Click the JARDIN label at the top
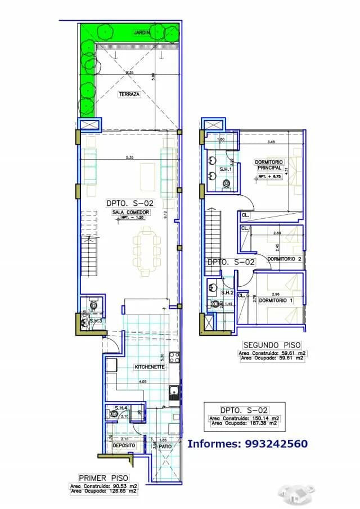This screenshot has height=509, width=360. (142, 33)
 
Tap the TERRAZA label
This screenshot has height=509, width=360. (129, 94)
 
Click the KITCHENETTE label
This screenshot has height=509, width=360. (149, 367)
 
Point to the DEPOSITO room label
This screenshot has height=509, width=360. (123, 445)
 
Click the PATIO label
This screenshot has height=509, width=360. (165, 446)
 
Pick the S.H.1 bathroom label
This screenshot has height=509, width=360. (226, 169)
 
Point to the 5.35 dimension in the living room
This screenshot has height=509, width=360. (130, 157)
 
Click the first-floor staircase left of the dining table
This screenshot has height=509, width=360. (90, 253)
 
